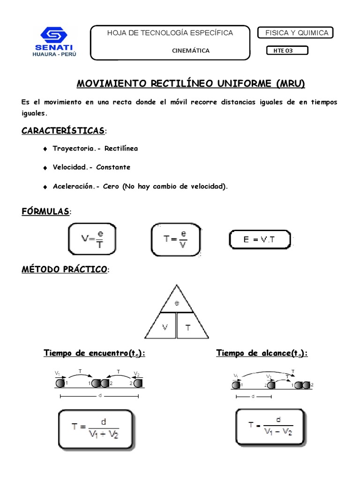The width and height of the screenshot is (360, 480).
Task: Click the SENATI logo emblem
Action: [x=54, y=34]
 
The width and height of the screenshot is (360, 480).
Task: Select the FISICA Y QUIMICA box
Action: [x=296, y=33]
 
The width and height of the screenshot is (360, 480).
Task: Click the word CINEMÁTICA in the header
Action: [x=191, y=51]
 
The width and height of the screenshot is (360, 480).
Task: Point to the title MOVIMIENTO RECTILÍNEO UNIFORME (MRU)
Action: [x=190, y=84]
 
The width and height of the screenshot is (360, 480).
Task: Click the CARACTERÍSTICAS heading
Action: [x=63, y=130]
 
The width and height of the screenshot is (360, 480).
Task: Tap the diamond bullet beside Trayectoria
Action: [x=45, y=149]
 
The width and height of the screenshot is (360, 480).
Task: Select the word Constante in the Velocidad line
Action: [x=113, y=167]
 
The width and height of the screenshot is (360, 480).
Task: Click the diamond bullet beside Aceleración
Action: [x=45, y=187]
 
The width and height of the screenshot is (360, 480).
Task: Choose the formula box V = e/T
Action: [x=92, y=239]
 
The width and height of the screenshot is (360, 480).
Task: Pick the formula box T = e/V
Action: [x=176, y=239]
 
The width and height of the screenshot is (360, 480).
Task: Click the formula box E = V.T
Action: [x=259, y=239]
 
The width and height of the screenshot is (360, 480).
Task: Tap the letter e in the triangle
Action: [x=177, y=303]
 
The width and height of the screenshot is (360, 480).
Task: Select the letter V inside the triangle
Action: [x=165, y=327]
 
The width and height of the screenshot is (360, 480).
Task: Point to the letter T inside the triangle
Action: [x=188, y=328]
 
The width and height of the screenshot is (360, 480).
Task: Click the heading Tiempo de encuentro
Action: [x=94, y=353]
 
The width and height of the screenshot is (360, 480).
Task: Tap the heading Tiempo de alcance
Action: [x=262, y=353]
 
